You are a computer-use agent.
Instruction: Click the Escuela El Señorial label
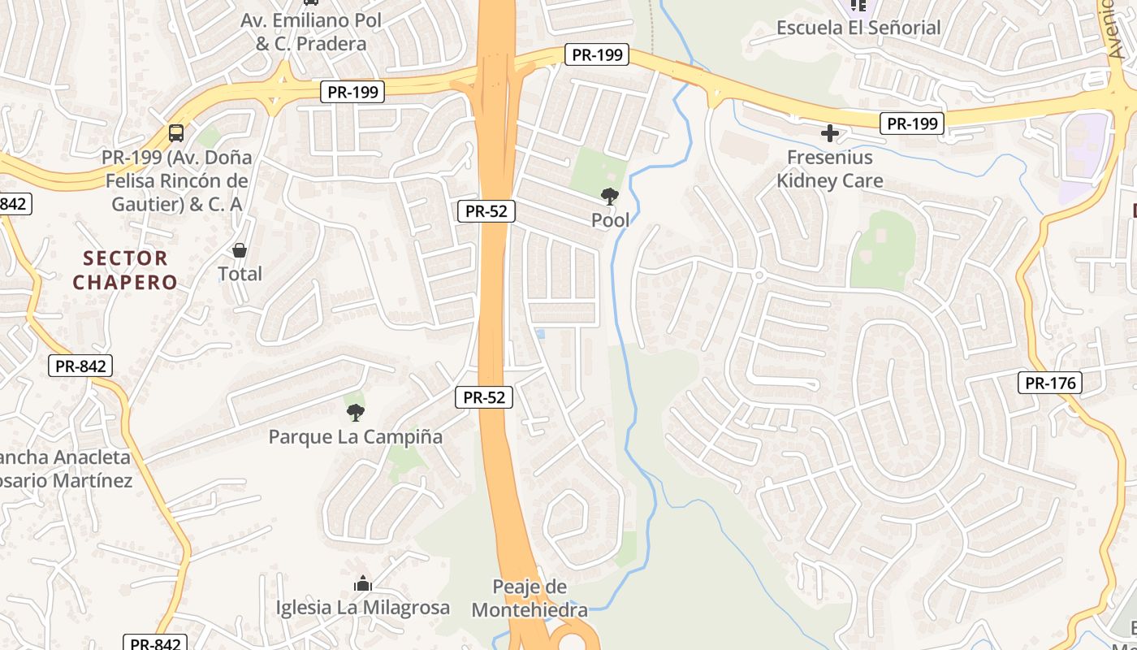pos(858,28)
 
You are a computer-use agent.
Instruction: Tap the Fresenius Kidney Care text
pos(829,169)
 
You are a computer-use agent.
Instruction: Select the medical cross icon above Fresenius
pos(829,132)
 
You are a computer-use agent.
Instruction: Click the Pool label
pos(610,220)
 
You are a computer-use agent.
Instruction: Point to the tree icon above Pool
pos(609,196)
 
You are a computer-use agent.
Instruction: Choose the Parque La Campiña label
pos(356,437)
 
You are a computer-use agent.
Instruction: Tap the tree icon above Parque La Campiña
pos(355,413)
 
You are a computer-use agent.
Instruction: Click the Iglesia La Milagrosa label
pos(362,608)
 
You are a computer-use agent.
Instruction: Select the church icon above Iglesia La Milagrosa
pos(362,583)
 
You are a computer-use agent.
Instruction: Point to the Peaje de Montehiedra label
pos(530,598)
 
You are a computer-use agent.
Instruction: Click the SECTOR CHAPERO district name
pos(125,271)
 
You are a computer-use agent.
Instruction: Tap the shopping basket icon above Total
pos(240,250)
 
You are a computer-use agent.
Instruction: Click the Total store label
pos(240,275)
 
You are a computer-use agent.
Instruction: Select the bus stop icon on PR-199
pos(176,132)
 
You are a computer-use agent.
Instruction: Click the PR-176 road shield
pos(1050,383)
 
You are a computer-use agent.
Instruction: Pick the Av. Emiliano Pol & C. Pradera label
pos(311,32)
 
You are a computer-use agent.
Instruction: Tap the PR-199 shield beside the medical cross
pos(912,124)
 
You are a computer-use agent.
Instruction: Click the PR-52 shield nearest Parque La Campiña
pos(484,397)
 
